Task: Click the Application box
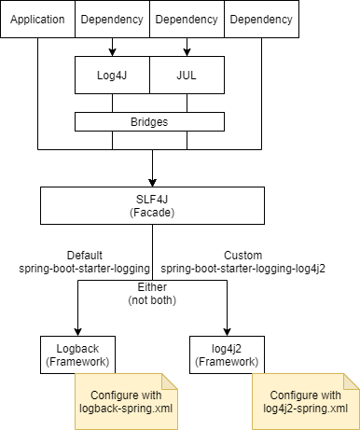[x=38, y=19]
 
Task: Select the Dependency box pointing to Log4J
[x=113, y=19]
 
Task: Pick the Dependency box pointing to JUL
[x=187, y=19]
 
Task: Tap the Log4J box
[x=113, y=75]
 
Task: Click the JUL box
[x=187, y=75]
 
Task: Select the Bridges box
[x=150, y=121]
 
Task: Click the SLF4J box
[x=150, y=205]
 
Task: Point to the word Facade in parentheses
[x=150, y=213]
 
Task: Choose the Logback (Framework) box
[x=76, y=354]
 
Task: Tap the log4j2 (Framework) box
[x=225, y=354]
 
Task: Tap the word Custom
[x=243, y=255]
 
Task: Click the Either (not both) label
[x=150, y=295]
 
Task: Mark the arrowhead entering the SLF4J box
[x=150, y=182]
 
